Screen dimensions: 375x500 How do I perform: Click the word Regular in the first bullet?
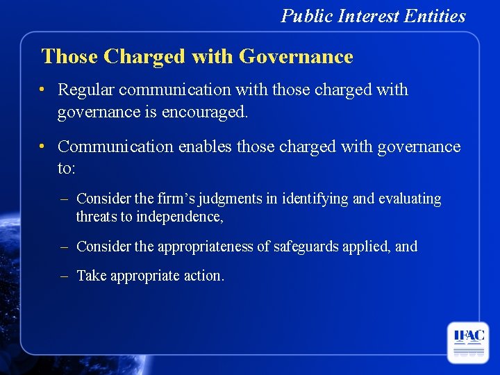coord(85,90)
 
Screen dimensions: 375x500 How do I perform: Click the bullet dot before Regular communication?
coord(43,90)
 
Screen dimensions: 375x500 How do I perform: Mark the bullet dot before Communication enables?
coord(43,146)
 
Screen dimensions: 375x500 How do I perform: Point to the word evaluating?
coord(410,199)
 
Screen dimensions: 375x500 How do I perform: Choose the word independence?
coord(180,217)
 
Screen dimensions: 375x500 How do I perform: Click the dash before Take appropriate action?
coord(64,276)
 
